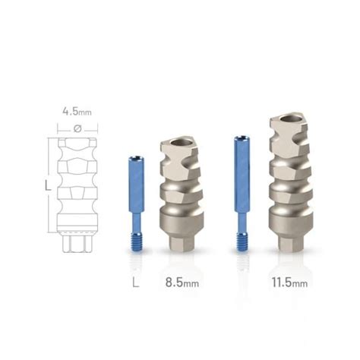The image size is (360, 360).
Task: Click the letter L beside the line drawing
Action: (47, 185)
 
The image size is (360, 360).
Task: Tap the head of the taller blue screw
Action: (243, 140)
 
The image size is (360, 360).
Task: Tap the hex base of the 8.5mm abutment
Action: (181, 244)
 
